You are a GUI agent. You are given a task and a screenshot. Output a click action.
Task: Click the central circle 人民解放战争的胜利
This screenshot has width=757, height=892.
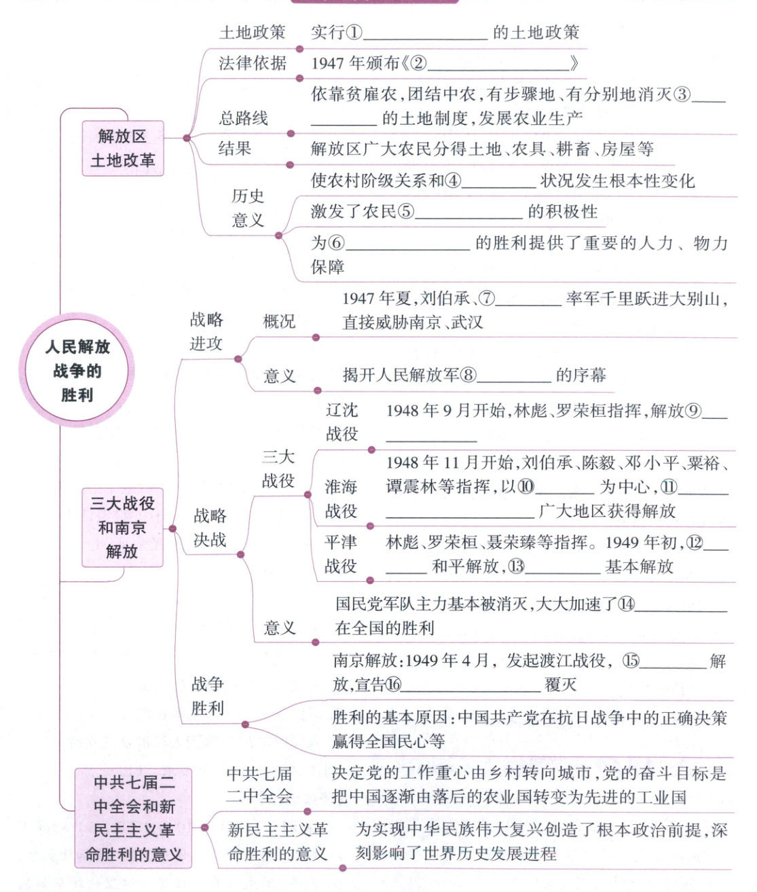coord(77,371)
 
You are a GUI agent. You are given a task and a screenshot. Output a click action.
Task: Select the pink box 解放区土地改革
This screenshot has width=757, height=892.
coord(123,148)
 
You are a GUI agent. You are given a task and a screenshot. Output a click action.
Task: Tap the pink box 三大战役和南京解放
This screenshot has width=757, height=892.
coord(122,527)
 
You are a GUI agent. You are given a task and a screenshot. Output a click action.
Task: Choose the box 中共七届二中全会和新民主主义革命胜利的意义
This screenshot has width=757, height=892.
coord(134,818)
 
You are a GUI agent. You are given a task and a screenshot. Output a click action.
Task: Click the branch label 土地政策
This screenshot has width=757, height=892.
coord(252,32)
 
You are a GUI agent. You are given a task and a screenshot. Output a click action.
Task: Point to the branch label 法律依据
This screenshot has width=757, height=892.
coord(252,63)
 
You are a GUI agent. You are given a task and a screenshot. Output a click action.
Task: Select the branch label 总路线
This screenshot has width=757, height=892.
coord(243,118)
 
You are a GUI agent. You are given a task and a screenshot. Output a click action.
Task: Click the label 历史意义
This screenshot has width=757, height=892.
coord(248,208)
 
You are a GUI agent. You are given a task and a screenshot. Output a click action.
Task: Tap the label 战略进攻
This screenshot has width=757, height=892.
coord(206,331)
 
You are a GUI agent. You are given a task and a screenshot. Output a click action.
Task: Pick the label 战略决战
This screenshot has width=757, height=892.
coord(210,527)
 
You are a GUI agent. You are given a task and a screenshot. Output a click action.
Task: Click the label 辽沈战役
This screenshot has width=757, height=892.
coord(341,422)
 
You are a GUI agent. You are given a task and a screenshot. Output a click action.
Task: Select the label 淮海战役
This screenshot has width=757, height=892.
coord(341,498)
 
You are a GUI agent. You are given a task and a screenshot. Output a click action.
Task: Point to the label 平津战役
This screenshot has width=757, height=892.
coord(341,554)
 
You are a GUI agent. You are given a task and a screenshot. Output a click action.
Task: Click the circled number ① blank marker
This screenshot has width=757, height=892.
coord(354,32)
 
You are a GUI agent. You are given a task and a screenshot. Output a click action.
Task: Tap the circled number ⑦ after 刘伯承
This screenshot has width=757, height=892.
coord(487,298)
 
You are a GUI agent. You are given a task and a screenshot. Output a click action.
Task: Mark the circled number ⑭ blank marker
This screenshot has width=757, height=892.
coord(625,603)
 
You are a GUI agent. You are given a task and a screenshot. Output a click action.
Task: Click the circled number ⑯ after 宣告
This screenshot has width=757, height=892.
coord(393,684)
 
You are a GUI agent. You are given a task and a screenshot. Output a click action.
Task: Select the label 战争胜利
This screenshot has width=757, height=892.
coord(207,696)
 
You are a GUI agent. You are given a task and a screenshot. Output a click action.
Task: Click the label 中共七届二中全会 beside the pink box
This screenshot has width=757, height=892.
coord(259,785)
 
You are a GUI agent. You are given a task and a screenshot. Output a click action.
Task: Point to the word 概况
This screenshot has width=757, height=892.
coord(279,321)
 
